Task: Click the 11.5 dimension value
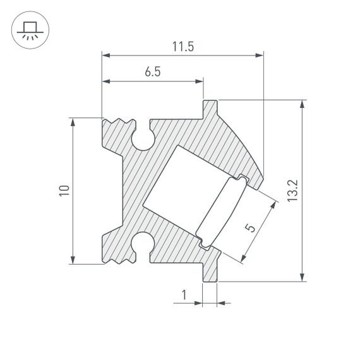pyautogui.click(x=182, y=47)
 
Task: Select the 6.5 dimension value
pyautogui.click(x=152, y=72)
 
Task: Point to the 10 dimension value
pyautogui.click(x=63, y=191)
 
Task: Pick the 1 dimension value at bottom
pyautogui.click(x=184, y=294)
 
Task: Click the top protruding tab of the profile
pyautogui.click(x=210, y=108)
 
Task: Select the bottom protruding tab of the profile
pyautogui.click(x=210, y=271)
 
